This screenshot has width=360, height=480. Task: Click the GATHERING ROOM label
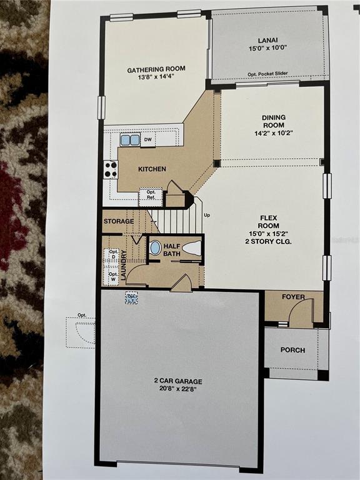[156, 69]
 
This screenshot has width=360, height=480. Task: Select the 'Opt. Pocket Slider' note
[269, 75]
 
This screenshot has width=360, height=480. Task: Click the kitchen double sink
[130, 141]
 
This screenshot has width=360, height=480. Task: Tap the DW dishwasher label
[147, 141]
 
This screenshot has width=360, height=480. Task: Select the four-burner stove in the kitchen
[111, 169]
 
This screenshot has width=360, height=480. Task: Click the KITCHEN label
[152, 169]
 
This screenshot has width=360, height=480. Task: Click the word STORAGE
[118, 221]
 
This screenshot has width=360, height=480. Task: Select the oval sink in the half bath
[155, 247]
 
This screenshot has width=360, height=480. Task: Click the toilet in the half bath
[192, 248]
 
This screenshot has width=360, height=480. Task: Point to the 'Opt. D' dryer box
[113, 254]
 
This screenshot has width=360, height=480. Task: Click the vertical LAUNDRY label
[124, 264]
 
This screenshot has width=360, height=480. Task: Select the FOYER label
[293, 297]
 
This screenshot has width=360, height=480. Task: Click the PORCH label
[292, 350]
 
